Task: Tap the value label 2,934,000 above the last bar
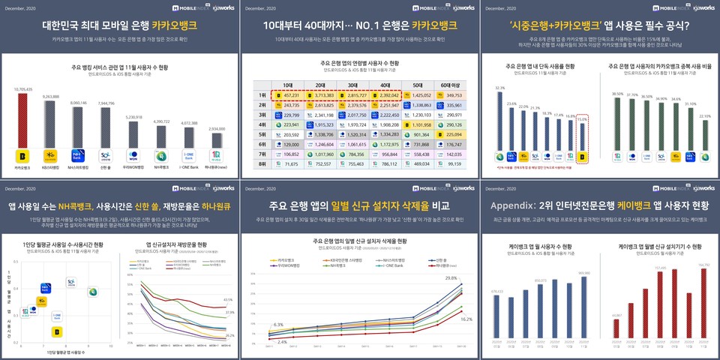216,129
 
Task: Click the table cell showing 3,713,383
324,96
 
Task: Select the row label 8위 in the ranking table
262,164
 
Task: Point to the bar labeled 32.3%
500,119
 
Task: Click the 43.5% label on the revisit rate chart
229,299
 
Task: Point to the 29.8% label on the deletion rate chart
451,277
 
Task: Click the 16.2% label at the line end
465,319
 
